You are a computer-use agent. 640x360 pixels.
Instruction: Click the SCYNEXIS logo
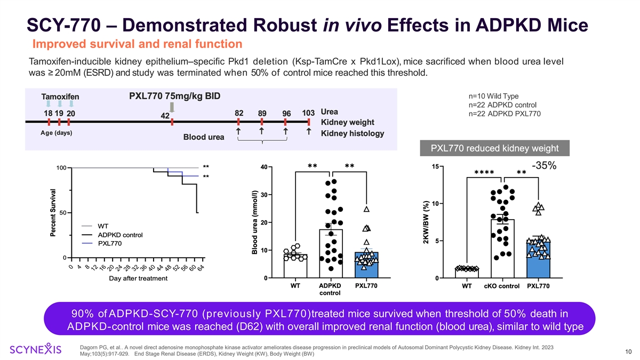(36, 350)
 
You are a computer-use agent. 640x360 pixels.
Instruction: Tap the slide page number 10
(628, 350)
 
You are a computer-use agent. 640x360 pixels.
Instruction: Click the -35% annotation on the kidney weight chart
(543, 166)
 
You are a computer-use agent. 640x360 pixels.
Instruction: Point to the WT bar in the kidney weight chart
(467, 273)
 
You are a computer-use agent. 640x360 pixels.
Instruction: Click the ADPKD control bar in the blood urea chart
(331, 253)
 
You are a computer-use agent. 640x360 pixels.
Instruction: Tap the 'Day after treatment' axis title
(138, 278)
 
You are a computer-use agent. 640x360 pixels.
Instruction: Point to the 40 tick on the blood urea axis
(264, 168)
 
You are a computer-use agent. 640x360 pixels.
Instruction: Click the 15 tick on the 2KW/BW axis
(435, 167)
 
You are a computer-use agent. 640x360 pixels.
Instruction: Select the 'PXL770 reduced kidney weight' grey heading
(494, 148)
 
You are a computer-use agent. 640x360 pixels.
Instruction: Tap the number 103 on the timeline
(308, 113)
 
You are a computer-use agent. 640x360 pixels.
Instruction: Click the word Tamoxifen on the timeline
(60, 97)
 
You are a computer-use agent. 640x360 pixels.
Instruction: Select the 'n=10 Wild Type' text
(493, 97)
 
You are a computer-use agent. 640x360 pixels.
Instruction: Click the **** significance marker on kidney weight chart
(484, 172)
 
